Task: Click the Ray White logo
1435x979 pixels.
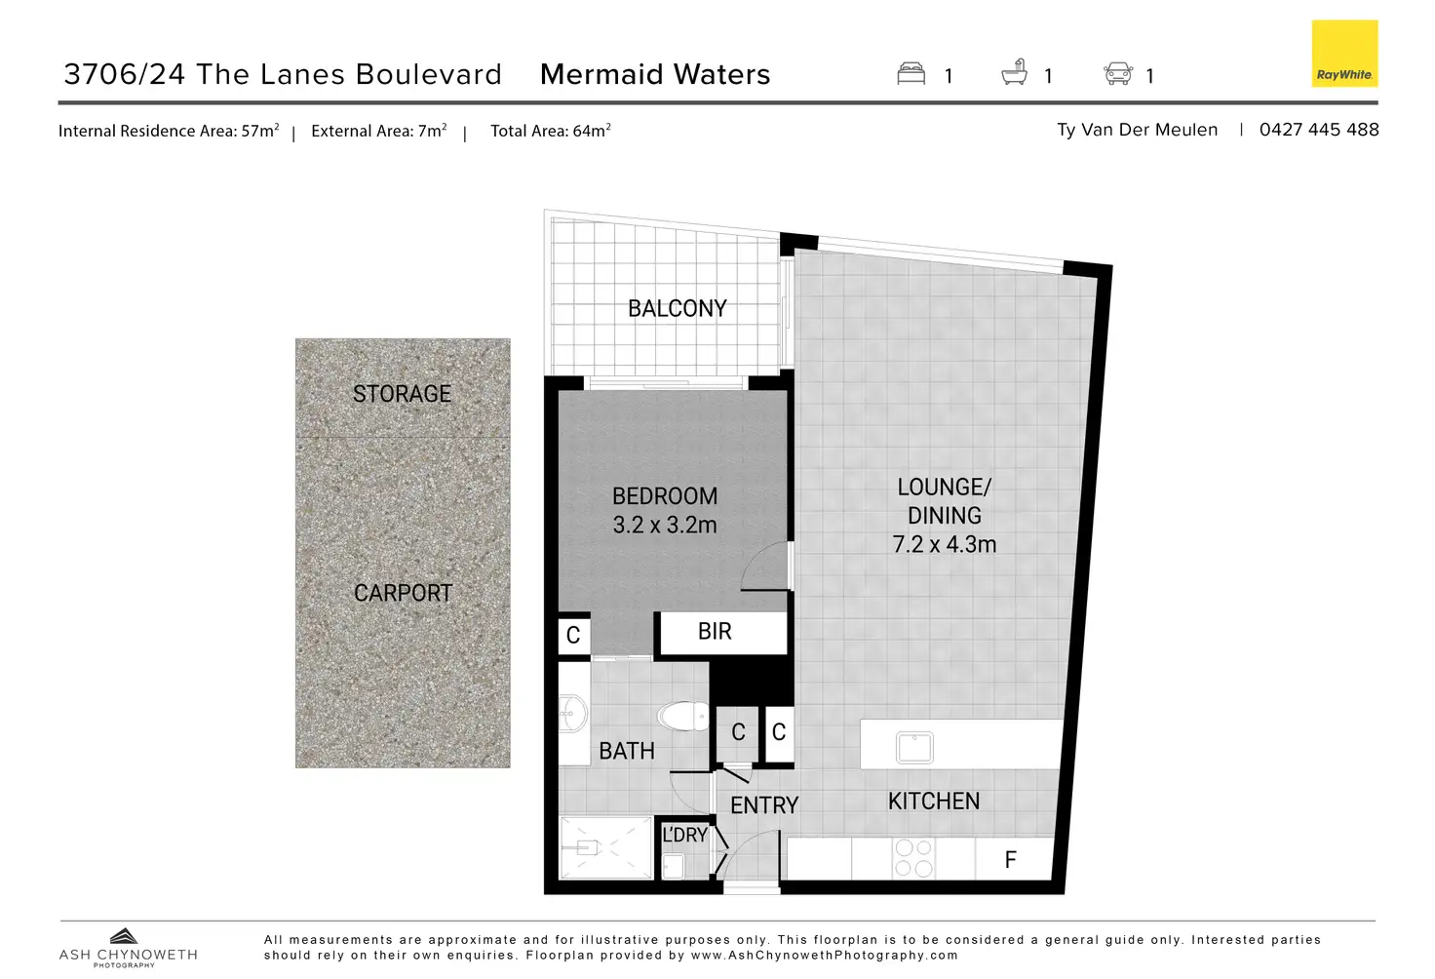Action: (x=1344, y=54)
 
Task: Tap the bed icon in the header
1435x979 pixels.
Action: (x=911, y=74)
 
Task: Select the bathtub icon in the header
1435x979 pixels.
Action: (x=1015, y=73)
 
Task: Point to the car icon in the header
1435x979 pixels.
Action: (x=1117, y=74)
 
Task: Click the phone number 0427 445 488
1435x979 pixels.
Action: (x=1318, y=130)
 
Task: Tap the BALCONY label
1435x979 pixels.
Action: (x=678, y=309)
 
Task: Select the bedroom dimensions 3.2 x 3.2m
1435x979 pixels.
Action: (x=665, y=526)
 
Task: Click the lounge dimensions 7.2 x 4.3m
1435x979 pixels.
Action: (x=945, y=545)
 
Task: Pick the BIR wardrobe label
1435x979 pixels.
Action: (x=715, y=632)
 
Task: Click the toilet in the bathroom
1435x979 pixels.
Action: (x=684, y=717)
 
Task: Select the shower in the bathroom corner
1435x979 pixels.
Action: (x=605, y=847)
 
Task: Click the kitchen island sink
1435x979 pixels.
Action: (x=914, y=747)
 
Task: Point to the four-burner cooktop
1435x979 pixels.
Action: (x=913, y=858)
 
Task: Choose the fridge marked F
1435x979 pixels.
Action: (x=1010, y=859)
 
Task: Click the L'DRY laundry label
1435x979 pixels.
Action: (x=684, y=836)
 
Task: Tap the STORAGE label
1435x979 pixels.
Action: (x=402, y=394)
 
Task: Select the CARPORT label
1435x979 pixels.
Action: (x=403, y=593)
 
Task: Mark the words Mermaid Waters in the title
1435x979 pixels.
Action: (x=655, y=75)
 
